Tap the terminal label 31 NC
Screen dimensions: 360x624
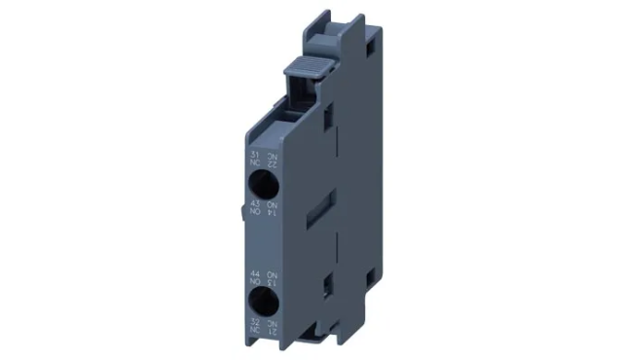click(255, 158)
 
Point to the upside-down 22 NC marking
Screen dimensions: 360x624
click(275, 158)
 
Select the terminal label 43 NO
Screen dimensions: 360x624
click(255, 207)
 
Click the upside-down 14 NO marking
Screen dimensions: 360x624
click(275, 207)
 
